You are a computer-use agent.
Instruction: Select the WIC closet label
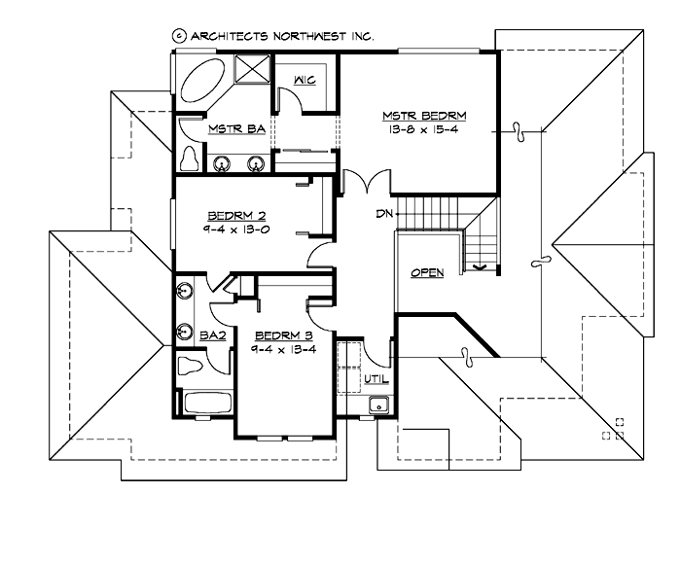[x=305, y=81]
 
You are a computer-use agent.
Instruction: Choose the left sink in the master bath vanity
[x=223, y=162]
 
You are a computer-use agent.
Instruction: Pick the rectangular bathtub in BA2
[x=205, y=403]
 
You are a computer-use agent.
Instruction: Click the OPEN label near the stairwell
[x=427, y=273]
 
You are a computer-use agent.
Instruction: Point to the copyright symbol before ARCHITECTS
[x=178, y=34]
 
